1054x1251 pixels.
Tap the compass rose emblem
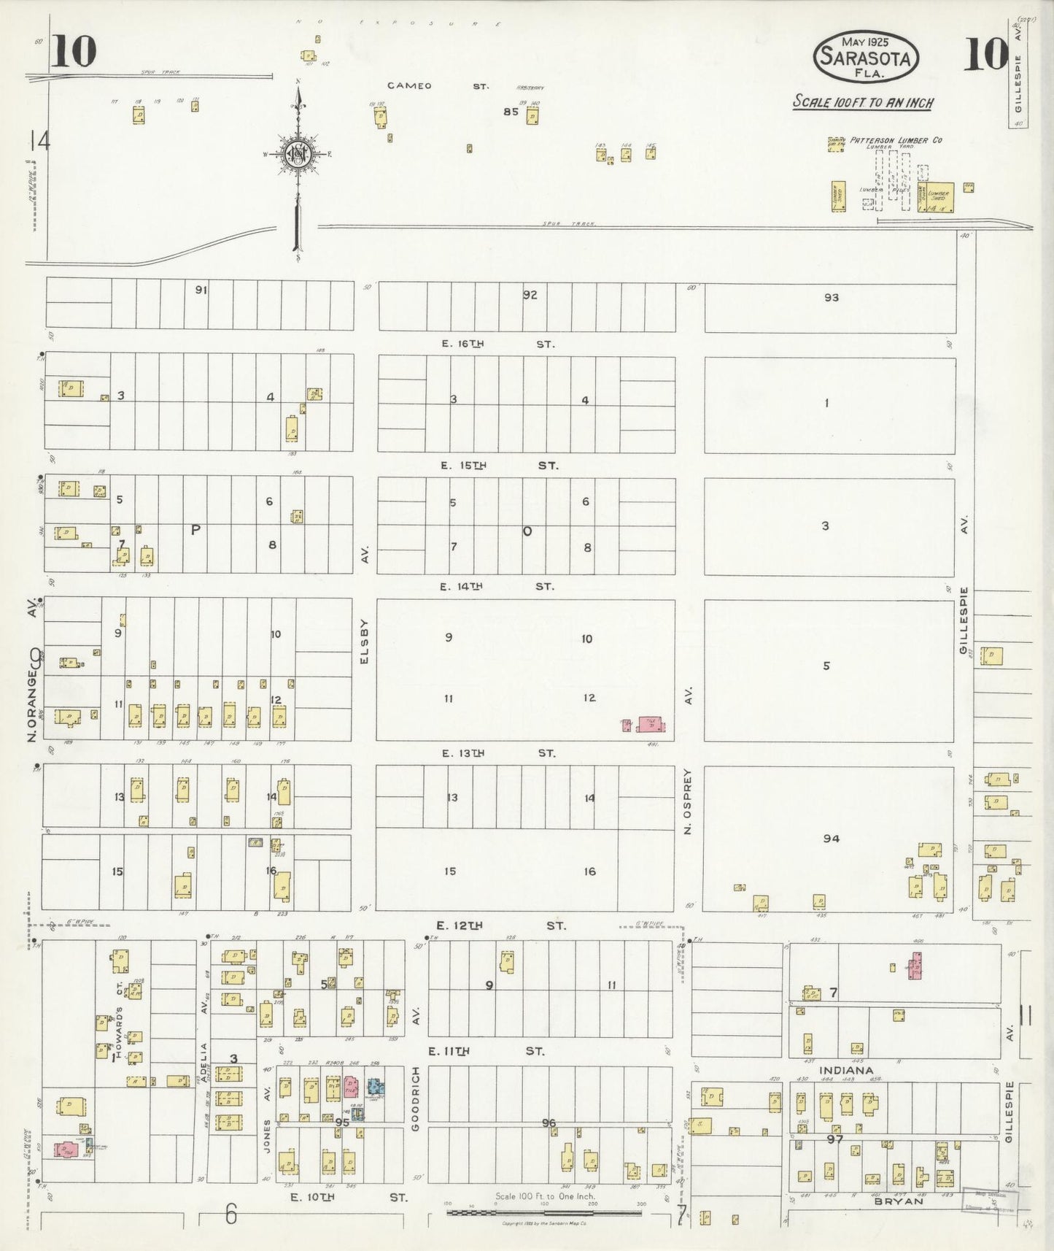point(298,153)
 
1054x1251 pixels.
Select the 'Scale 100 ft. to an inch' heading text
point(863,102)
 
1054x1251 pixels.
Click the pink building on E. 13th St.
point(649,724)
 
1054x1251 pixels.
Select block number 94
point(831,839)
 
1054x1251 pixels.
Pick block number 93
point(831,297)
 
